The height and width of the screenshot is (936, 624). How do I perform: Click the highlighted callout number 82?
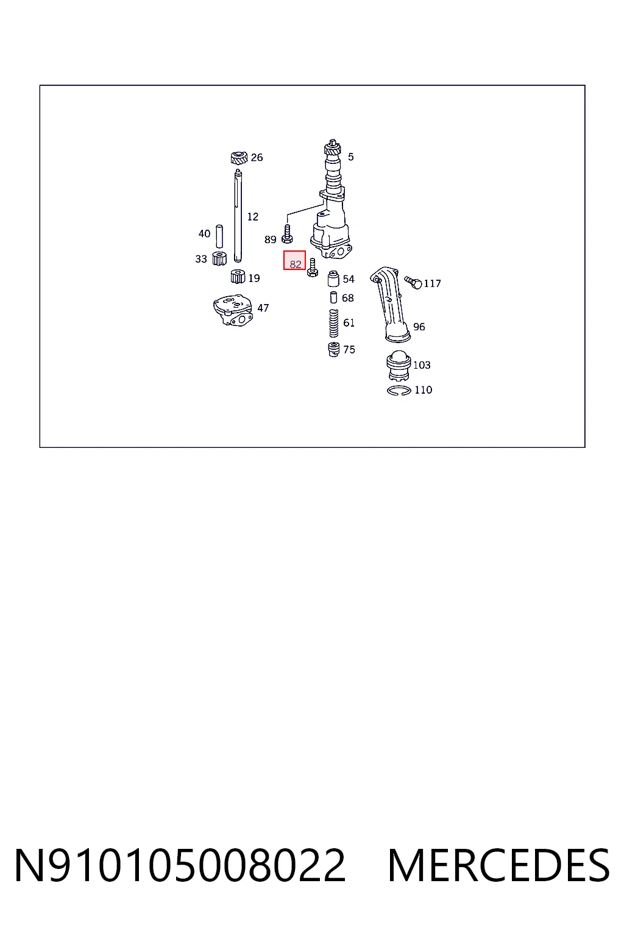tap(295, 264)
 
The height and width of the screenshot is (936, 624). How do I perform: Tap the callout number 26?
tap(257, 157)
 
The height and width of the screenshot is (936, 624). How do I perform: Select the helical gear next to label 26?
tap(239, 158)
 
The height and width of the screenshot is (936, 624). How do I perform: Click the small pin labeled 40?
tap(219, 236)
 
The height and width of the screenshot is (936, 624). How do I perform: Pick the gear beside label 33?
tap(219, 258)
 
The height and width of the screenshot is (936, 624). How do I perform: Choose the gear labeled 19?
tap(238, 277)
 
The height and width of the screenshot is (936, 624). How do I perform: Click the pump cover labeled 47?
tap(233, 310)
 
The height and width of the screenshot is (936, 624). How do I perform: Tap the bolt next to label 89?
tap(287, 233)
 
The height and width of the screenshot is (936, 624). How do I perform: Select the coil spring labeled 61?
tap(333, 323)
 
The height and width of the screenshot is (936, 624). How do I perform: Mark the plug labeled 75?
tap(333, 349)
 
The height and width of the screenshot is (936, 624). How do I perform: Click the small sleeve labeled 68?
tap(333, 297)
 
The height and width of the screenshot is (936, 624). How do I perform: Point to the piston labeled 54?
tap(333, 278)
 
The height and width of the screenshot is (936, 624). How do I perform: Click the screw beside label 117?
tap(413, 282)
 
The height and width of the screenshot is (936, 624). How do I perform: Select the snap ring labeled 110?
tap(399, 391)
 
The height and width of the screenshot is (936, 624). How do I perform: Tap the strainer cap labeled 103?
tap(399, 366)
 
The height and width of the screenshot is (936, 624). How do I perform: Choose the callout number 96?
tap(419, 327)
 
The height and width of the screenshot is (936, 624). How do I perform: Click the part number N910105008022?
tap(180, 865)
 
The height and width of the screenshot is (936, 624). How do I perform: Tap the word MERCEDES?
tap(499, 865)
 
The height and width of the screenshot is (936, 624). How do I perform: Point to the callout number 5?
tap(350, 157)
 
